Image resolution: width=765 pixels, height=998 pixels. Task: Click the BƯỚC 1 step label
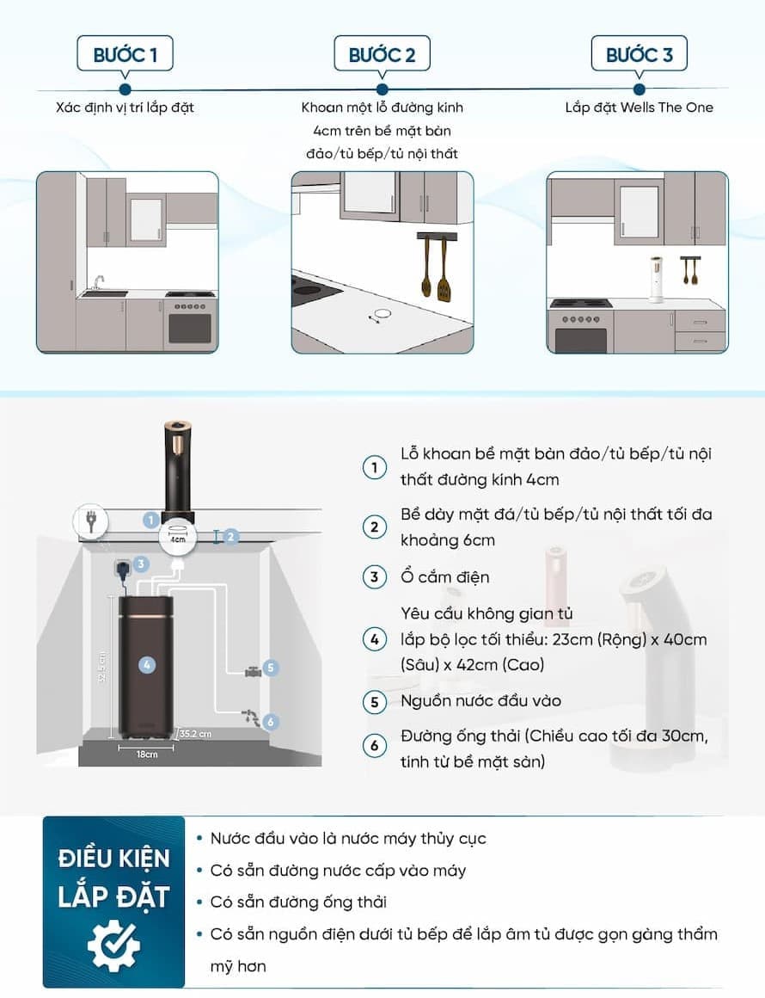125,55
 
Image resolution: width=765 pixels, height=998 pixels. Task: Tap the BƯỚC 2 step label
382,55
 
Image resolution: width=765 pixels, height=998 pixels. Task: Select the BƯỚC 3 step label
640,55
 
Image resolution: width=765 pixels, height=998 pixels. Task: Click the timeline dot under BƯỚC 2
382,89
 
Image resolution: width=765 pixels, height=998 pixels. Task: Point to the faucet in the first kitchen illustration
98,282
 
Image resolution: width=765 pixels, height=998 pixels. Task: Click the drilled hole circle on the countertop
382,314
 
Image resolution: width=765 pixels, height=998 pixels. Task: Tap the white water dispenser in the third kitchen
656,279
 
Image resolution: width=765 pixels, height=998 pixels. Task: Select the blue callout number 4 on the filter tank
147,665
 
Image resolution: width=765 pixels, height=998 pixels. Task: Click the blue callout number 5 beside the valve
271,668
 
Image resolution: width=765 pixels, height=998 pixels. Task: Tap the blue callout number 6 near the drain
271,722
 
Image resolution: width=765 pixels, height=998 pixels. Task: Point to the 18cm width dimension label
147,755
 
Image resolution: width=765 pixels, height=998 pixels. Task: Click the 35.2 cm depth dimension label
195,734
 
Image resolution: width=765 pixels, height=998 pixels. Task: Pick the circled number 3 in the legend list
375,577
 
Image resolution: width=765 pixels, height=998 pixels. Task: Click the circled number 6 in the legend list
375,745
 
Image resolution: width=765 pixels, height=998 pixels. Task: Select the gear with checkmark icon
113,946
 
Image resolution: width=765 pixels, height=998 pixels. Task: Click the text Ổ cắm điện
445,577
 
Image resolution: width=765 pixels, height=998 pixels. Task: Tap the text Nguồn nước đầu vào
480,701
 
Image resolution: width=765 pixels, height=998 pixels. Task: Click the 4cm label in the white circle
177,539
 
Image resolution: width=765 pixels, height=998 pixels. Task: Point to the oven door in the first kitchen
190,329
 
